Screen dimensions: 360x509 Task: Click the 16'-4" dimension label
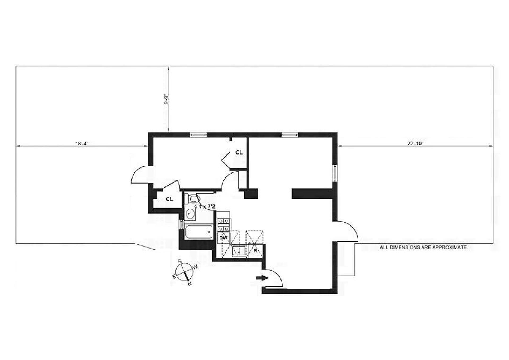click(x=82, y=144)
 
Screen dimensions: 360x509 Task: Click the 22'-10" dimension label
click(x=415, y=144)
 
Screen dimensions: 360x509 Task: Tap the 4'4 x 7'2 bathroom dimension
click(x=204, y=206)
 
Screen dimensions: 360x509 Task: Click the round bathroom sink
click(x=190, y=214)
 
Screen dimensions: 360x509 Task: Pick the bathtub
click(x=199, y=232)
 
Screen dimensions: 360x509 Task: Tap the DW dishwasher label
click(x=223, y=238)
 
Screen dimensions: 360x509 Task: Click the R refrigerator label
click(x=256, y=251)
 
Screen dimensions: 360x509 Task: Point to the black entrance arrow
click(x=262, y=278)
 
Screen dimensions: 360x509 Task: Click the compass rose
click(x=185, y=272)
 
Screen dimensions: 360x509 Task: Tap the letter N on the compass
click(x=190, y=284)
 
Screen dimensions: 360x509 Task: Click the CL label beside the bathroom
click(x=169, y=199)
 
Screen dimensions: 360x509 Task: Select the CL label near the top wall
click(x=239, y=153)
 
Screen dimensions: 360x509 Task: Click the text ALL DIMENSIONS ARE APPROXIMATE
click(x=424, y=248)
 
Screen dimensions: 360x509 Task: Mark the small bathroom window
click(x=181, y=224)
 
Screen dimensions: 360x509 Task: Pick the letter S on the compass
click(x=179, y=262)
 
